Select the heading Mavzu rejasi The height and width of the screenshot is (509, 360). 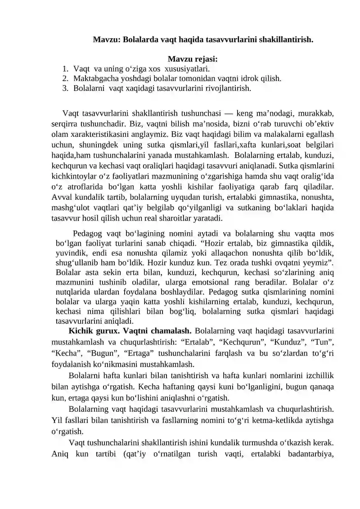click(x=193, y=59)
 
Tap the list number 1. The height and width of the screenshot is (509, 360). click(x=65, y=69)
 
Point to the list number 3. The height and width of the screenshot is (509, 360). click(x=65, y=88)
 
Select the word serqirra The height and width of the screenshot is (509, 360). click(x=66, y=122)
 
